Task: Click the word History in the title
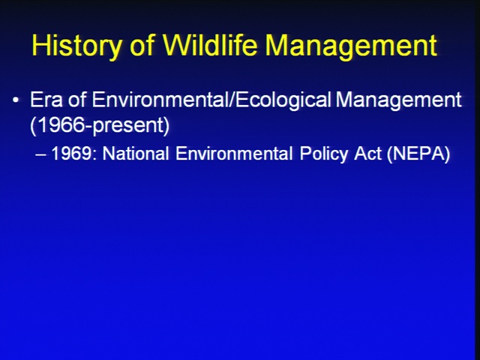[76, 45]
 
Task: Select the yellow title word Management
[351, 45]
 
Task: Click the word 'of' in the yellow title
[142, 44]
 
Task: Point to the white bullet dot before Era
[16, 100]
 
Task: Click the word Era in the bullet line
[46, 100]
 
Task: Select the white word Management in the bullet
[398, 100]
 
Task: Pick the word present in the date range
[128, 126]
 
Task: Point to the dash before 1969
[40, 154]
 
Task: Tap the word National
[136, 153]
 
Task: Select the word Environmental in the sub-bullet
[234, 153]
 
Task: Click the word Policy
[324, 154]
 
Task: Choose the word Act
[368, 153]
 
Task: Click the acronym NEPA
[418, 153]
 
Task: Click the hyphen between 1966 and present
[88, 127]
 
